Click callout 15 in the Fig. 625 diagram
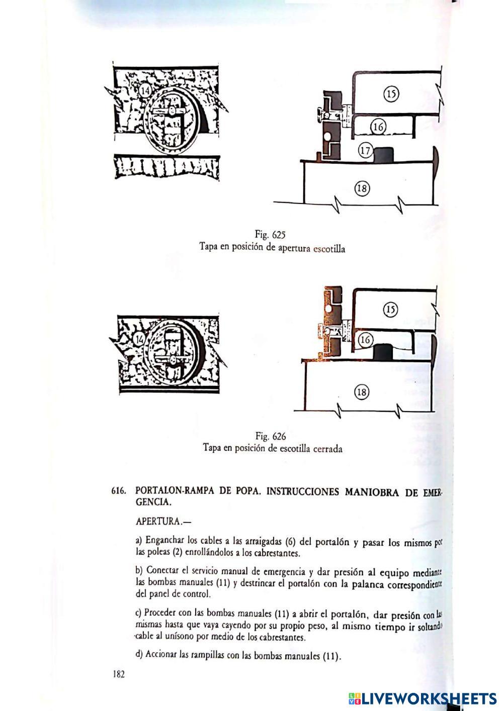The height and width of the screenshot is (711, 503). pyautogui.click(x=391, y=93)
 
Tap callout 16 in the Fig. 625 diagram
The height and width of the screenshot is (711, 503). pyautogui.click(x=378, y=127)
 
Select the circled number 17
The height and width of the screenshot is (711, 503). pyautogui.click(x=366, y=150)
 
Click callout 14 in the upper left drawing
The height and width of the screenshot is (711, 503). pyautogui.click(x=144, y=91)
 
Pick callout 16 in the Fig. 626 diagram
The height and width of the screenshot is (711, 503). pyautogui.click(x=365, y=340)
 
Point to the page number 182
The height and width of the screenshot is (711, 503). pyautogui.click(x=119, y=674)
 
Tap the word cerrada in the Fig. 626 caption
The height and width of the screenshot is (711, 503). pyautogui.click(x=327, y=449)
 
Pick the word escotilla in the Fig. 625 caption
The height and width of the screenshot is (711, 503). pyautogui.click(x=329, y=249)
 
